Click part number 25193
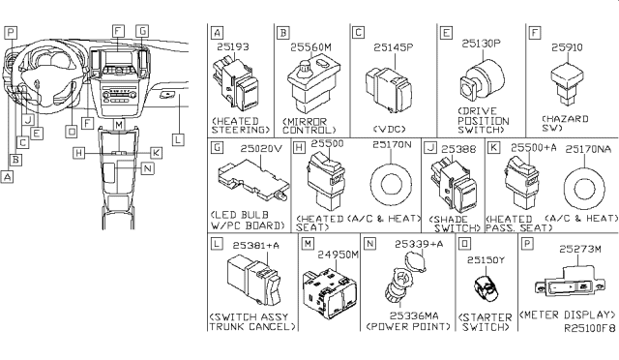pos(233,46)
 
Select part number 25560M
pos(310,47)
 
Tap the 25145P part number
pos(394,47)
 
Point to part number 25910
pos(567,47)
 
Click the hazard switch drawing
pos(567,84)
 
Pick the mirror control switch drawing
pos(314,86)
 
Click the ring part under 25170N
pos(391,185)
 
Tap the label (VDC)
pos(389,130)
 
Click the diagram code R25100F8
pos(589,328)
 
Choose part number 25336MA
pos(414,315)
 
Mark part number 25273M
pos(580,249)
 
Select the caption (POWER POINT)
pos(408,326)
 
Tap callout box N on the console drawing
pos(147,168)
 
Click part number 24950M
pos(339,255)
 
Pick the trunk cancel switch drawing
pos(254,280)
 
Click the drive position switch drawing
pos(482,82)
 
